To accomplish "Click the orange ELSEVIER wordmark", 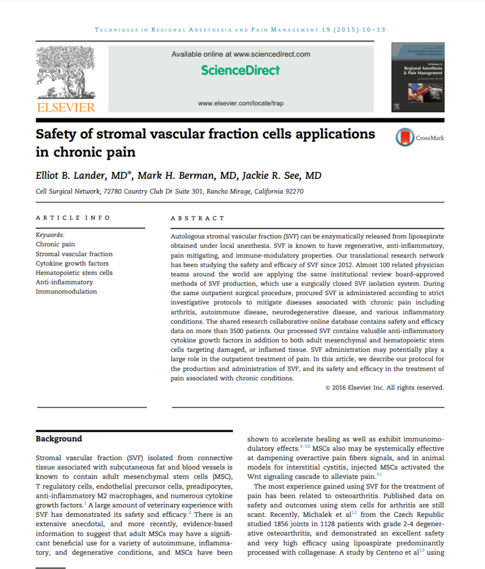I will coord(66,107).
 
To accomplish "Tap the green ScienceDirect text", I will coord(241,71).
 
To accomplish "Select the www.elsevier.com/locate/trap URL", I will coord(241,103).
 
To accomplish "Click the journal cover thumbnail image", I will coord(418,76).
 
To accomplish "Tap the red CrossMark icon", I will coord(404,138).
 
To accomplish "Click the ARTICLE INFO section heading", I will coord(73,218).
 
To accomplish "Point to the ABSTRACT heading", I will coord(198,218).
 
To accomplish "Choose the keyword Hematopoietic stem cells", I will coord(74,273).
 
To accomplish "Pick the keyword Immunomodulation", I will coord(66,291).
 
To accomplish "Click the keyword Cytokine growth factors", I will coord(72,263).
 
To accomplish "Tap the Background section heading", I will coord(59,439).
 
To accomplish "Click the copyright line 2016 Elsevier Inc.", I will coord(384,388).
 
